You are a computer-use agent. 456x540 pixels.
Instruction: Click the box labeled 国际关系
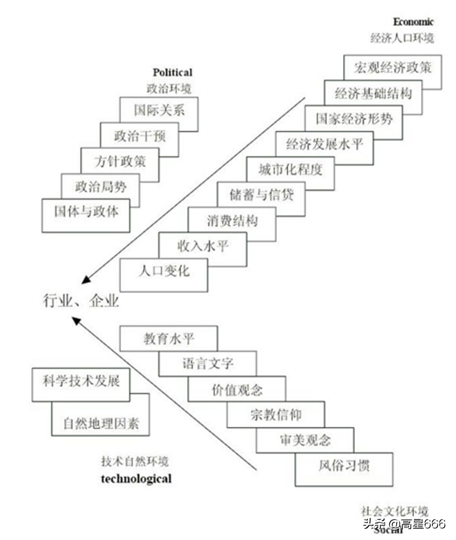[159, 110]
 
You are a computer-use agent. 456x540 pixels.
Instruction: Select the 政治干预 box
[140, 135]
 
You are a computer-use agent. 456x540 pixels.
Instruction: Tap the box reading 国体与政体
[86, 212]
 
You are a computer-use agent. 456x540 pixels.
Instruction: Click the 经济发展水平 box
[325, 145]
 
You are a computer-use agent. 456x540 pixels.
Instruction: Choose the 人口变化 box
[163, 271]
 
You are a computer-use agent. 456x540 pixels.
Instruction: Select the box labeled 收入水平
[202, 246]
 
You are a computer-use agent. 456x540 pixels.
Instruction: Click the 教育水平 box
[168, 338]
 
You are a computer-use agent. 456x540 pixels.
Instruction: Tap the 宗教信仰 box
[275, 414]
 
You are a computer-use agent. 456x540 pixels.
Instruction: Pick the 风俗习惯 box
[344, 465]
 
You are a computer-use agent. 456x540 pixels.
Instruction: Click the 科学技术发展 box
[81, 381]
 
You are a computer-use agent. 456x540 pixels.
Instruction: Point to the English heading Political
[173, 72]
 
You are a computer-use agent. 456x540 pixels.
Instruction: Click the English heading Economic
[413, 22]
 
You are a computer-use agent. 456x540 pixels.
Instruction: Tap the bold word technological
[136, 479]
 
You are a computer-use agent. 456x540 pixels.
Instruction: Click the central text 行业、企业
[81, 301]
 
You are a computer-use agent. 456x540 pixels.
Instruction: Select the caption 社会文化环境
[394, 511]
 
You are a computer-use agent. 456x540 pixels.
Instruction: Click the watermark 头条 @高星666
[404, 523]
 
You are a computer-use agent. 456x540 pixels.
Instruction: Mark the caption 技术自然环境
[135, 462]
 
